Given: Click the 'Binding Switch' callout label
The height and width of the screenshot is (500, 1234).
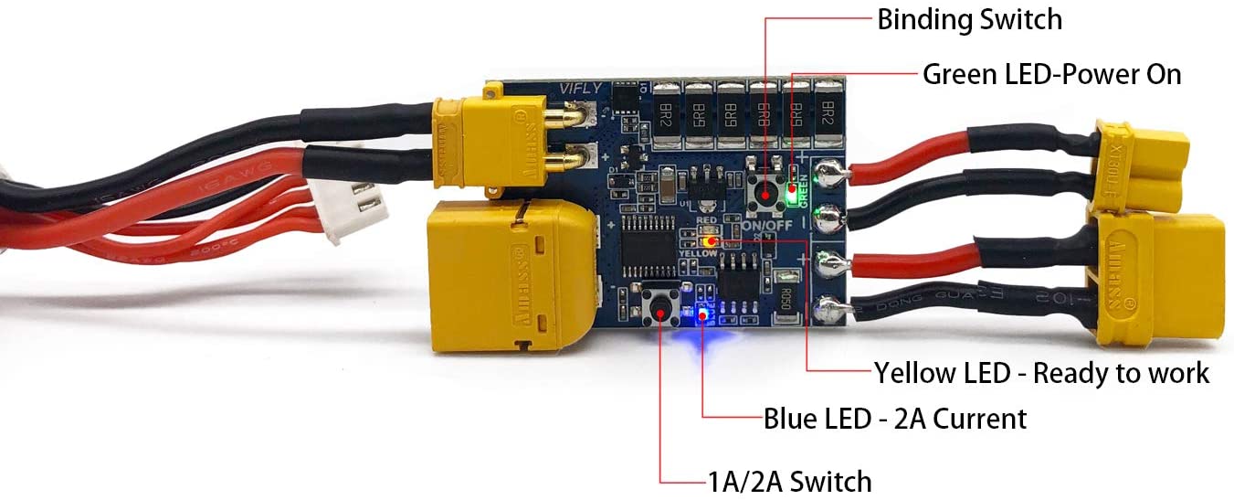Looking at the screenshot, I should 969,19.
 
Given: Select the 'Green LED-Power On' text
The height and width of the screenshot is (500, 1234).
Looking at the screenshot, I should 1051,74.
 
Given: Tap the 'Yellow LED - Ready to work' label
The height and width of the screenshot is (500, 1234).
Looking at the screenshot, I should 1041,373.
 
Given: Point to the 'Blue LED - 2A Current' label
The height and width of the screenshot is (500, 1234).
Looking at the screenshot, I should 895,419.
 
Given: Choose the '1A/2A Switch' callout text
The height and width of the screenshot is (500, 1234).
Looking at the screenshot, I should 790,481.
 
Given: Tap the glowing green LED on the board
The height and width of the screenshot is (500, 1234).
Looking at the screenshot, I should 792,174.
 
